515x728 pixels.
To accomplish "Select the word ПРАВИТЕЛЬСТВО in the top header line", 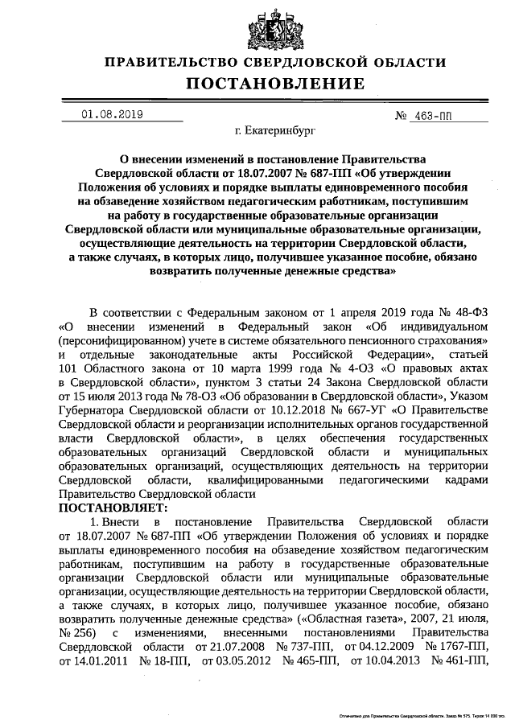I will pos(165,62).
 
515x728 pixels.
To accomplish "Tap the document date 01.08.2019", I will pos(112,114).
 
